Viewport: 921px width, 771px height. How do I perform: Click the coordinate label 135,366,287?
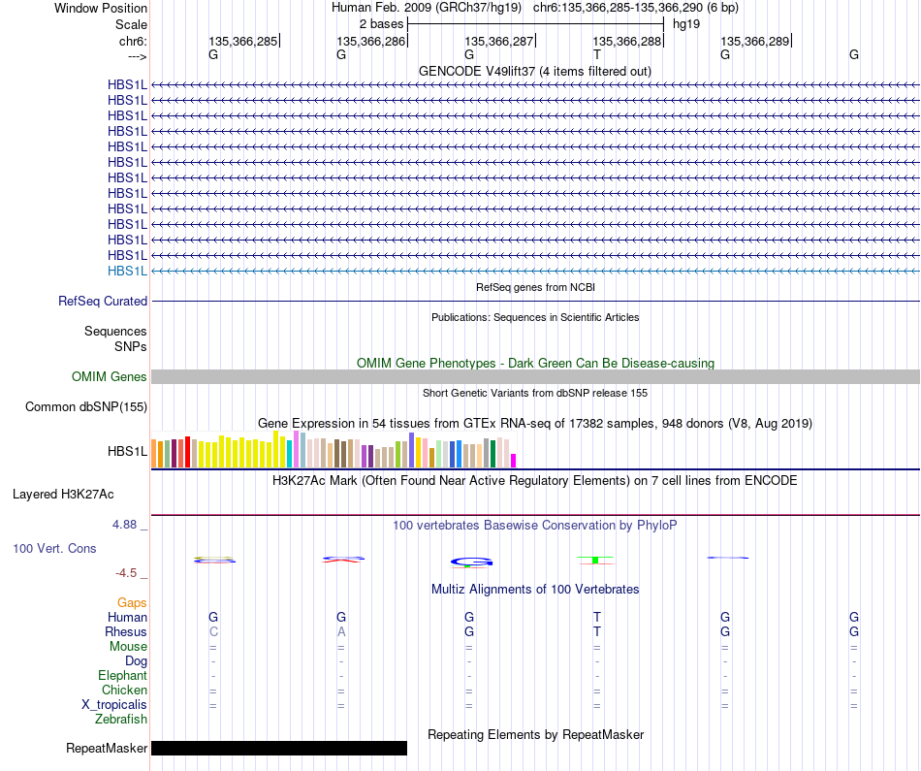click(498, 41)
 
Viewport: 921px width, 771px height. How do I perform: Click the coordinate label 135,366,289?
click(755, 41)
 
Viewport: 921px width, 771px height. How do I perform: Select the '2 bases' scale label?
click(381, 24)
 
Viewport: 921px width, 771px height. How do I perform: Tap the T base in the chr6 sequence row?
click(597, 54)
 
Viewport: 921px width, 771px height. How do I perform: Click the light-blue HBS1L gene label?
click(127, 271)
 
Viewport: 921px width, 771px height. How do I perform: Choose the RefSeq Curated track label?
click(103, 301)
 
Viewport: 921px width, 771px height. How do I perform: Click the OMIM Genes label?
click(110, 376)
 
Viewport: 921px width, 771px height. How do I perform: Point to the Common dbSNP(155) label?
click(86, 406)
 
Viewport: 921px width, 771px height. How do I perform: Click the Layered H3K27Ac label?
click(63, 495)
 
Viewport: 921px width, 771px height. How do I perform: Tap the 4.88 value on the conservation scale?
click(124, 525)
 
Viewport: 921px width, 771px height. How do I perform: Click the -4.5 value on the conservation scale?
click(126, 573)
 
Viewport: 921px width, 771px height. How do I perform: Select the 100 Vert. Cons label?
click(54, 548)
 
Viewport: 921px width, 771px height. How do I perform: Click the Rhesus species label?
click(126, 631)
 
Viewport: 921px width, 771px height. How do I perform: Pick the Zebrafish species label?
click(121, 719)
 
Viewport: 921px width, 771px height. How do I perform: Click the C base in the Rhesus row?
click(213, 631)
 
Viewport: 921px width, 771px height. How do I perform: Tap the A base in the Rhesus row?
click(341, 631)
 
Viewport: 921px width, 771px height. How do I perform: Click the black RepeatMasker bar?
click(279, 748)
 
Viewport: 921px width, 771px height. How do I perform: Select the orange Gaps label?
click(132, 602)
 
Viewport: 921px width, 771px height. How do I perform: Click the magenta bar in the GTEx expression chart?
click(514, 461)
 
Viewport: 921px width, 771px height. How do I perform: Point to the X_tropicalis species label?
click(114, 705)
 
